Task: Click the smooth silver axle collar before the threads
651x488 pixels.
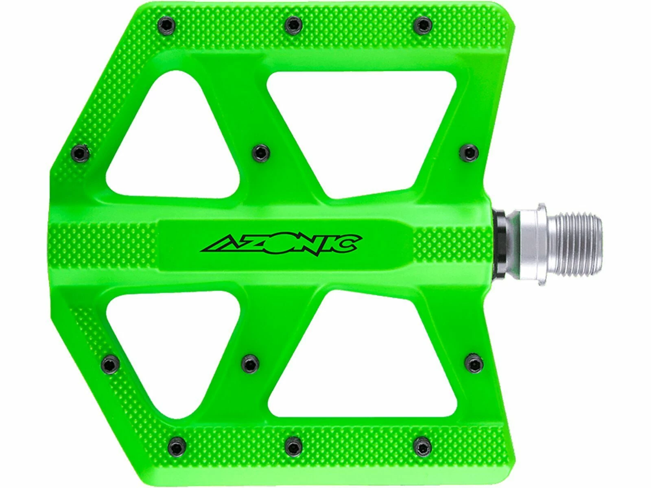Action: click(x=529, y=244)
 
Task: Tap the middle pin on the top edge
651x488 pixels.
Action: click(x=292, y=26)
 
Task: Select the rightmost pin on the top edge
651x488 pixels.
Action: click(x=422, y=26)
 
